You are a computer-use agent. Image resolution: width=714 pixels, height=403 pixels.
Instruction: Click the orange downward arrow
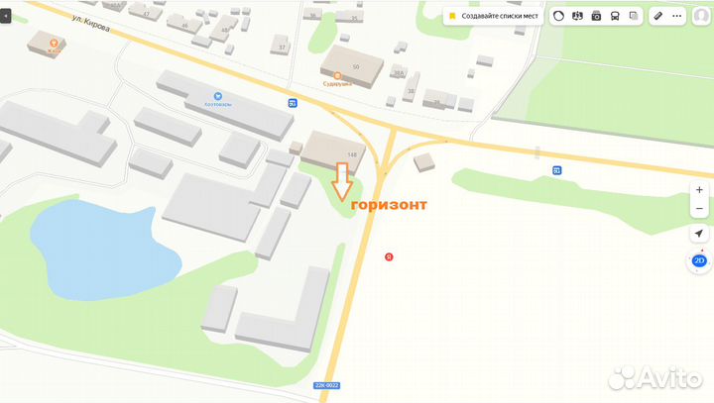(342, 181)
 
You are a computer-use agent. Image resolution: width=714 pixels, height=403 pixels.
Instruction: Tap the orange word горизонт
(390, 205)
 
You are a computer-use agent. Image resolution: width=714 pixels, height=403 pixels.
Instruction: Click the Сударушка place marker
(337, 76)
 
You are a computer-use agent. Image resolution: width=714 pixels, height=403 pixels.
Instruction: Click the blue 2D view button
(699, 261)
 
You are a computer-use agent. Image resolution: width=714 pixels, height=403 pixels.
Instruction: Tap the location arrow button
(699, 234)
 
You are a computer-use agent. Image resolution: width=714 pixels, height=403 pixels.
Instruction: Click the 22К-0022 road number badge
(326, 385)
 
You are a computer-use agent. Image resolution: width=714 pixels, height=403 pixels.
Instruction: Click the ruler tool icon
(658, 16)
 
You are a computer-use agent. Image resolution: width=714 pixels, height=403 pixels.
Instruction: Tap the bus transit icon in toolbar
(615, 16)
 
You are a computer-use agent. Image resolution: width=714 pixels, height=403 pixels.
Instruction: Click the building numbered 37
(283, 47)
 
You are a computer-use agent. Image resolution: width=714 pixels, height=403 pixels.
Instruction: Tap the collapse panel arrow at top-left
(8, 17)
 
